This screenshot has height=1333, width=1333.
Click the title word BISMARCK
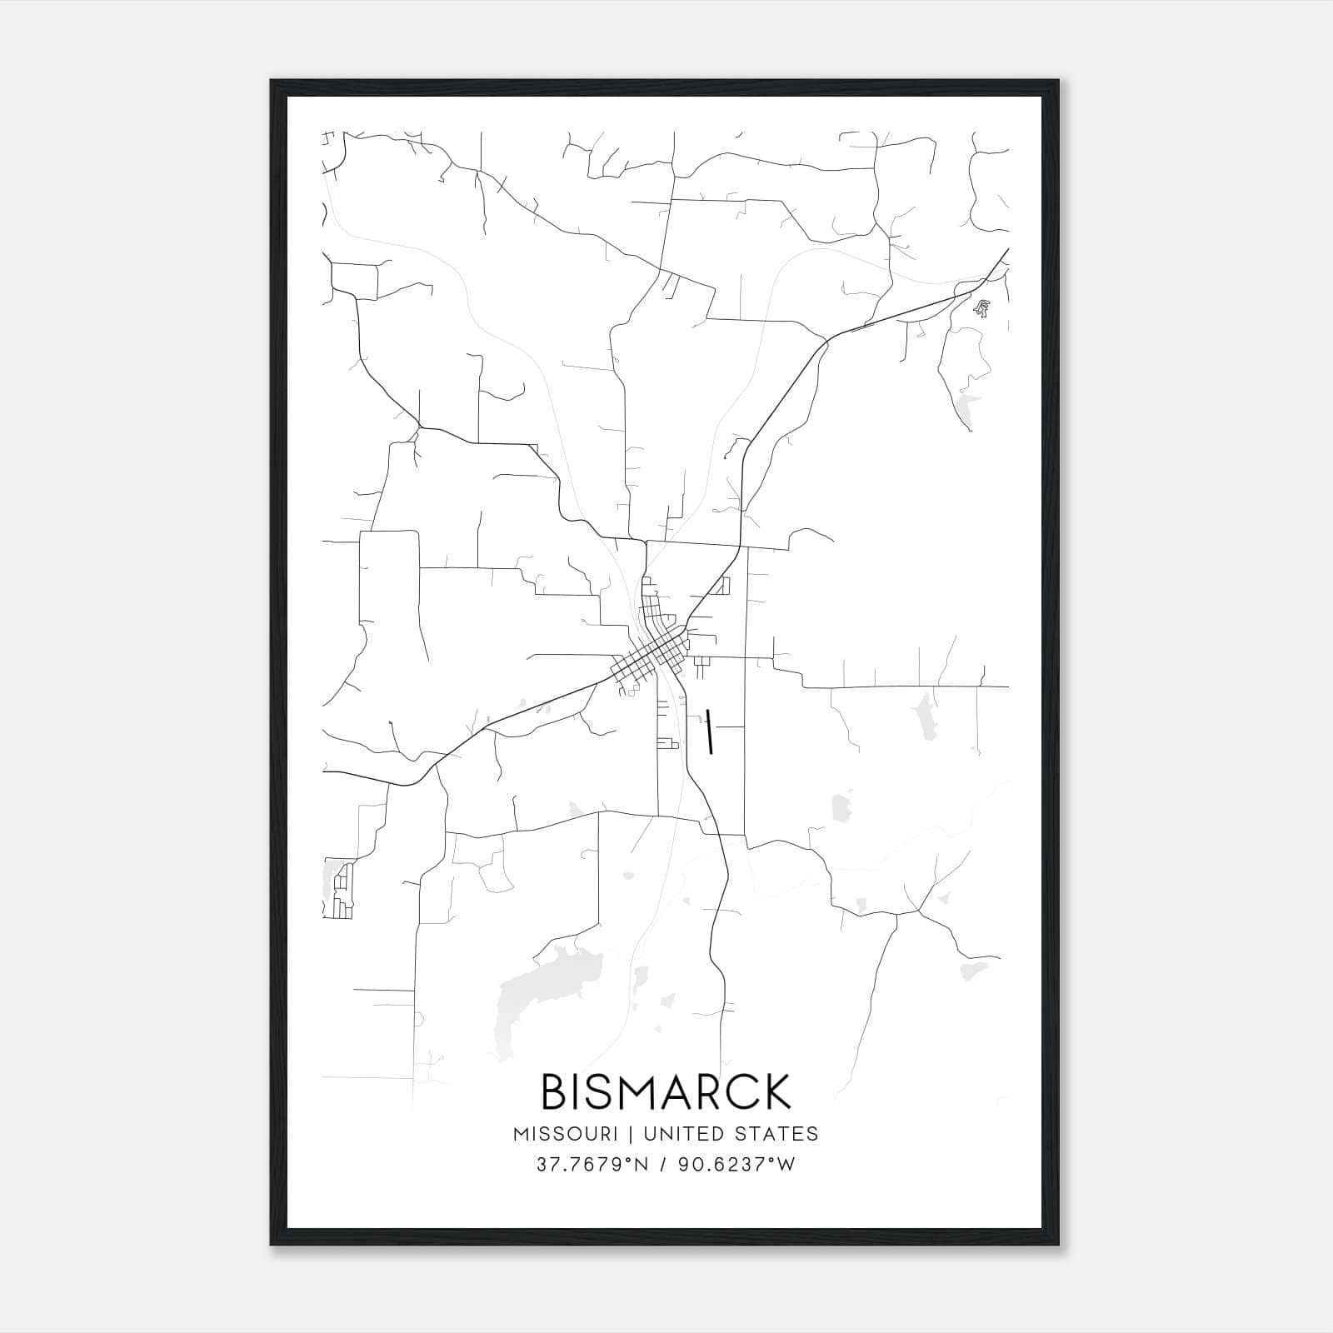click(666, 1091)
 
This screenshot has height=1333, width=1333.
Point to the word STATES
click(778, 1134)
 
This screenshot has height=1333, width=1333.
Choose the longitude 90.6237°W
click(736, 1165)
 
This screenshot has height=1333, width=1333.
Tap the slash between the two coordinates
click(663, 1165)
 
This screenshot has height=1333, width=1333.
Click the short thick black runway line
click(709, 731)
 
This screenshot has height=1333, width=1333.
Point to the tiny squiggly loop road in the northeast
click(983, 308)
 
